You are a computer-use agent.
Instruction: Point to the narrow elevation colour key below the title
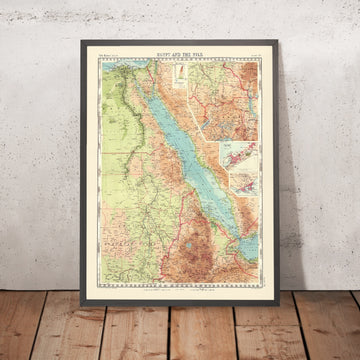(x=177, y=76)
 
